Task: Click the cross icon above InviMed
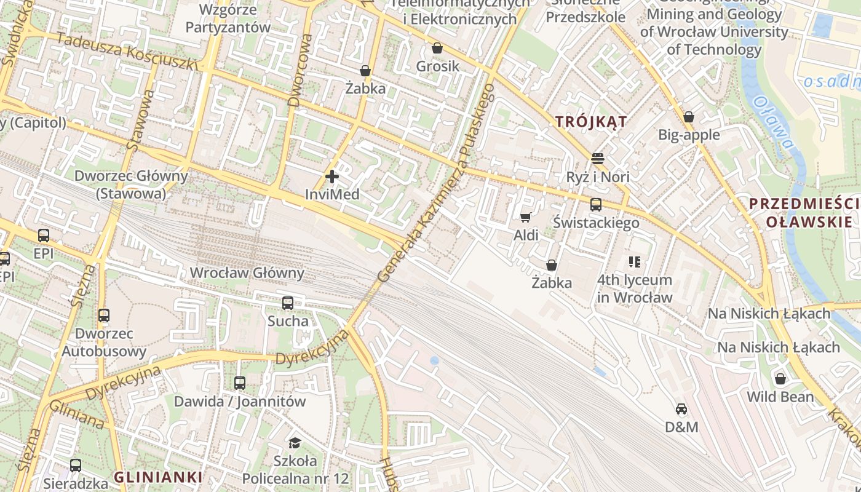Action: pos(332,177)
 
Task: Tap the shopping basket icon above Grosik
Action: pos(437,48)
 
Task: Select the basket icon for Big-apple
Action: pos(689,117)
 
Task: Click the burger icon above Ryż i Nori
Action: pos(597,159)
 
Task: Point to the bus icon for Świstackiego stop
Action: pos(595,205)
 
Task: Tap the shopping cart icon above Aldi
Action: pos(526,217)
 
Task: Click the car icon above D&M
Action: pos(681,409)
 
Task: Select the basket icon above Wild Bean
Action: pos(780,379)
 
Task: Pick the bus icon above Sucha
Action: pos(288,303)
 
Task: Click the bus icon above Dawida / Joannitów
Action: pos(240,383)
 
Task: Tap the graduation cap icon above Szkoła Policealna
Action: pos(295,443)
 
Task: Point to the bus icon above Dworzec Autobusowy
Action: pos(104,315)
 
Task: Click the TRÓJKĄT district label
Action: pos(591,121)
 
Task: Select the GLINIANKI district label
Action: pos(158,477)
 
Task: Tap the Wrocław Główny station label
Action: pos(247,272)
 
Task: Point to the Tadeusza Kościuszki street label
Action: pos(127,51)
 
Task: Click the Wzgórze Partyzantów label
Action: pos(228,18)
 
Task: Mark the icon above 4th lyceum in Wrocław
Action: pos(635,263)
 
